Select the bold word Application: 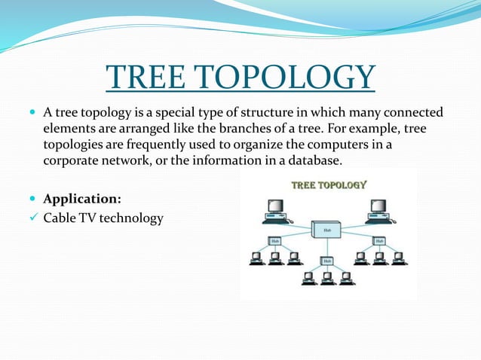81,200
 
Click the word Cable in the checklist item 60,218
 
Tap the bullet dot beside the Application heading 29,200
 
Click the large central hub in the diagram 327,229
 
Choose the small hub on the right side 378,241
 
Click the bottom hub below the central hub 326,261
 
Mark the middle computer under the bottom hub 326,278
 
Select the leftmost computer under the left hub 257,258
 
